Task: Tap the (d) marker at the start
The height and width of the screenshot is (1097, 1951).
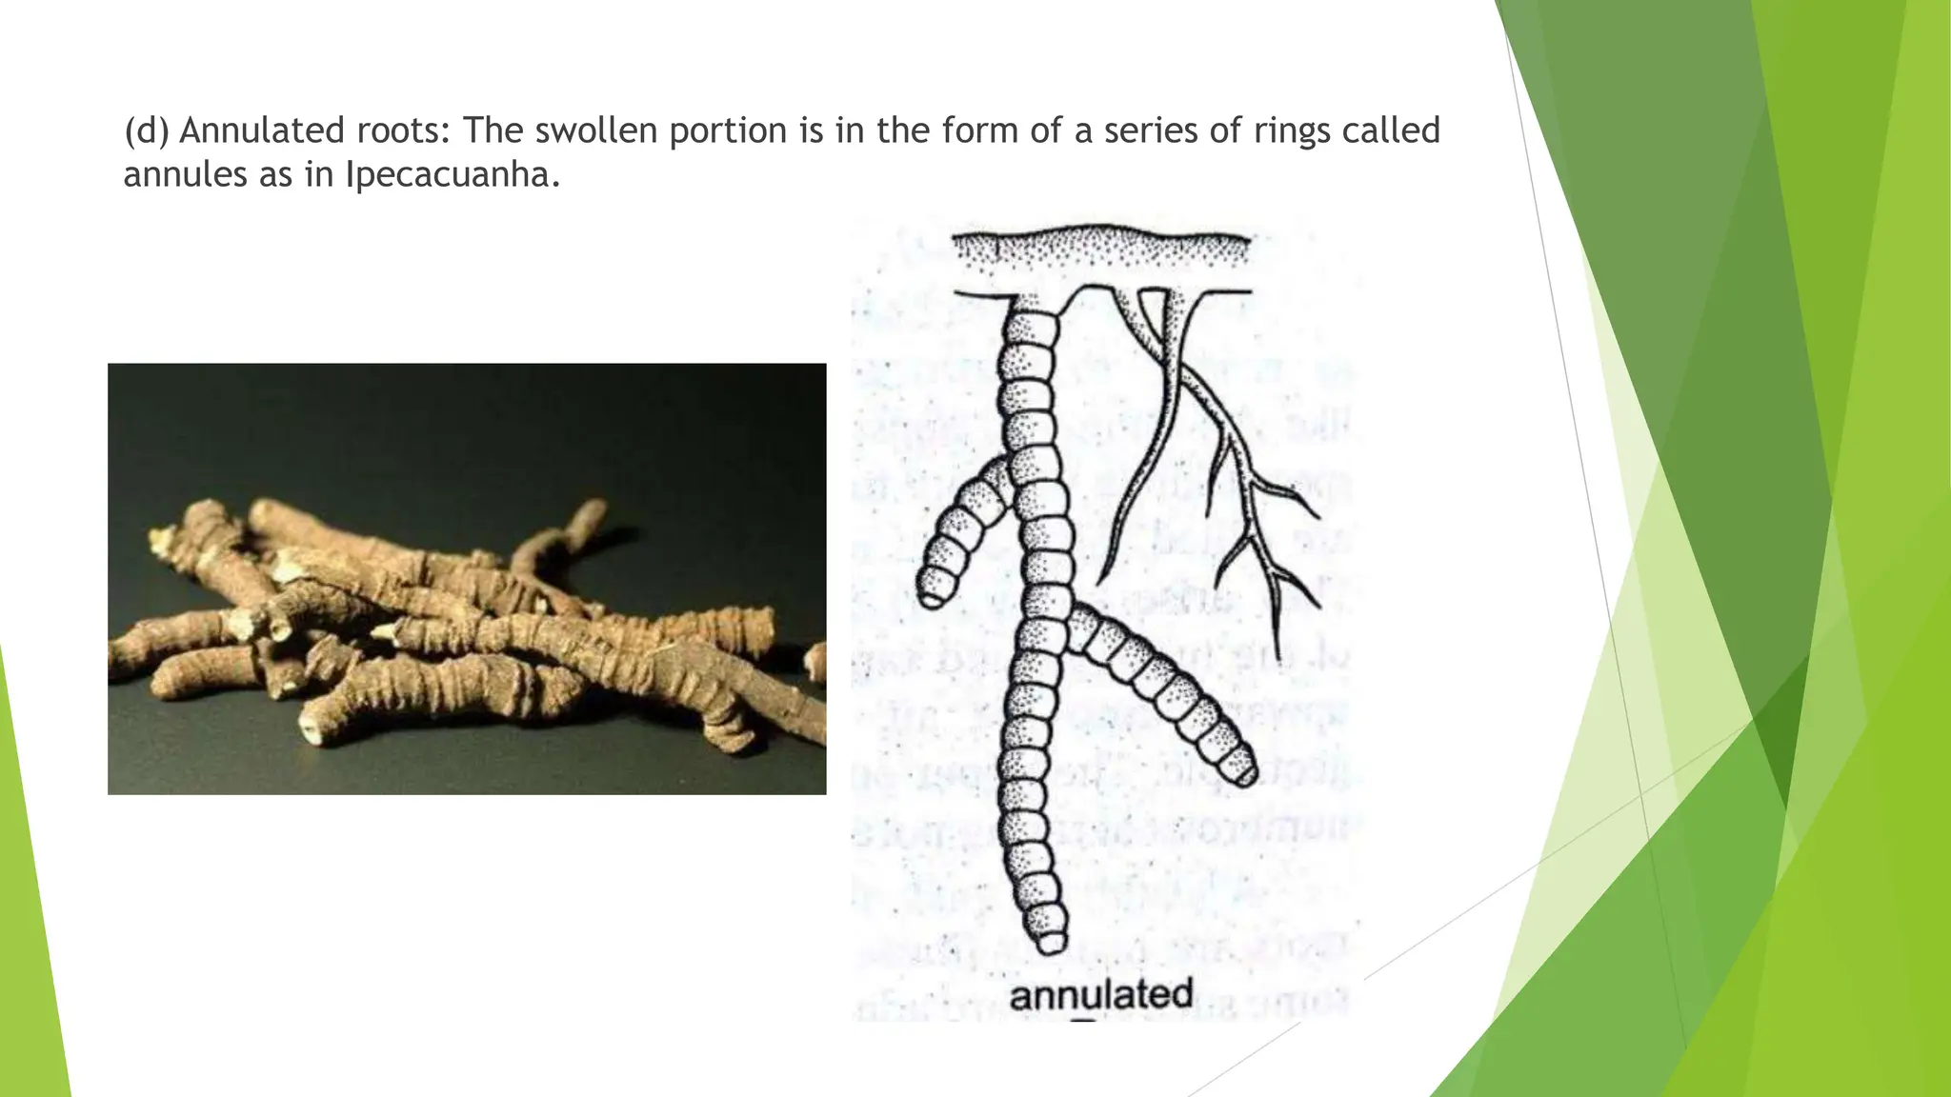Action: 146,130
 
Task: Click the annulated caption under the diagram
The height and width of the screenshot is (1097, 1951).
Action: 1100,995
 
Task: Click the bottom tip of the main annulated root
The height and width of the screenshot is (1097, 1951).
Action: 1051,943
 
